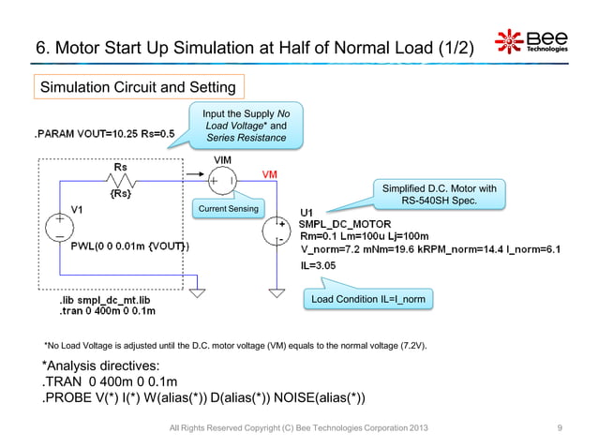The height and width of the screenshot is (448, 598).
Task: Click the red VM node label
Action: (x=268, y=174)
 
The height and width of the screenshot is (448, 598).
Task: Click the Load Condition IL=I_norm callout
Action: (x=366, y=299)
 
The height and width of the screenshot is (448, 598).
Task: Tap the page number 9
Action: (x=560, y=428)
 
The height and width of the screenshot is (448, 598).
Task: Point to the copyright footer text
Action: (x=300, y=428)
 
